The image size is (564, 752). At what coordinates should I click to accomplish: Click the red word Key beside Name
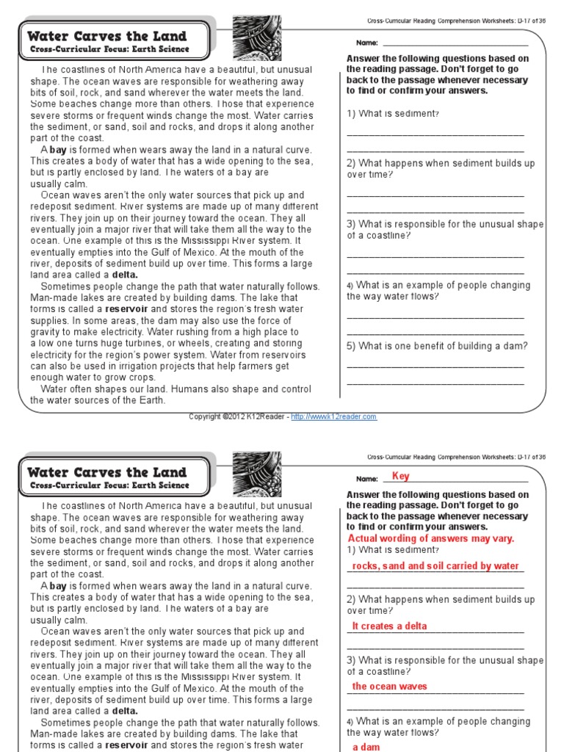(x=400, y=476)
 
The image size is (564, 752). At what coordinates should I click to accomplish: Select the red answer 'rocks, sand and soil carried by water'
(x=435, y=566)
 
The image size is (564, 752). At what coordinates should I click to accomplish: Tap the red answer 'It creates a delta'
(x=389, y=626)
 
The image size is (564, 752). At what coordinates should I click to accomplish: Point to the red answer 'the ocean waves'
(x=389, y=687)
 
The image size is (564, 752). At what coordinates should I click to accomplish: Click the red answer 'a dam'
(x=365, y=747)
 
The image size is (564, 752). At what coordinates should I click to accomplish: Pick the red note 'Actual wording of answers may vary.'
(x=430, y=538)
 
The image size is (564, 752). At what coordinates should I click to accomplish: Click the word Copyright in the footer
(x=206, y=416)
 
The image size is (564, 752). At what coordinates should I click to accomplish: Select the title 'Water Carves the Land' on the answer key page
(x=107, y=472)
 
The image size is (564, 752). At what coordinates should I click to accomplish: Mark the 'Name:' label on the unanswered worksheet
(x=366, y=43)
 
